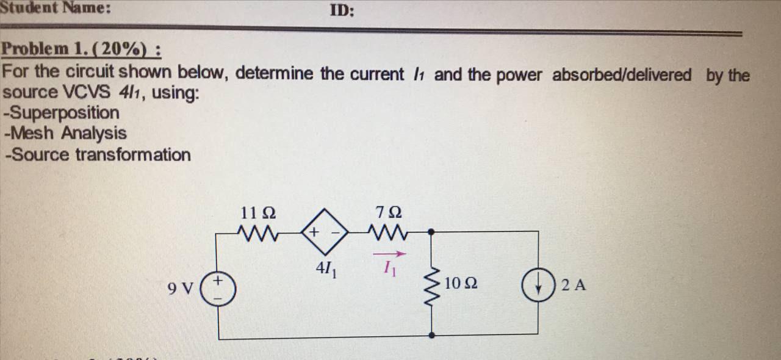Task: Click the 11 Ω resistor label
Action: coord(258,214)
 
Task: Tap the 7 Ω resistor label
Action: coord(389,214)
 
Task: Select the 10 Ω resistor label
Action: coord(461,284)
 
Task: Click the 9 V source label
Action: coord(182,287)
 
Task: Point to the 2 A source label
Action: coord(573,284)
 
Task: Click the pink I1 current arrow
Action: coord(389,254)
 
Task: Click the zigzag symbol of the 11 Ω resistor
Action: coord(258,232)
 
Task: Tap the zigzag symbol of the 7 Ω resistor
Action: coord(389,232)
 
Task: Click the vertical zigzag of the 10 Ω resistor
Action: coord(432,284)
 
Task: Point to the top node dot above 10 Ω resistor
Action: coord(432,232)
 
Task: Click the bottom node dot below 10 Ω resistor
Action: coord(432,334)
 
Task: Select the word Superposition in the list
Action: coord(62,113)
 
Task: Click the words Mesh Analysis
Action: coord(65,133)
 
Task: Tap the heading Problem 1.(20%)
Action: coord(82,49)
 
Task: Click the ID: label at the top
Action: coord(342,10)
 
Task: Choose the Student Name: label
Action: coord(55,8)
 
